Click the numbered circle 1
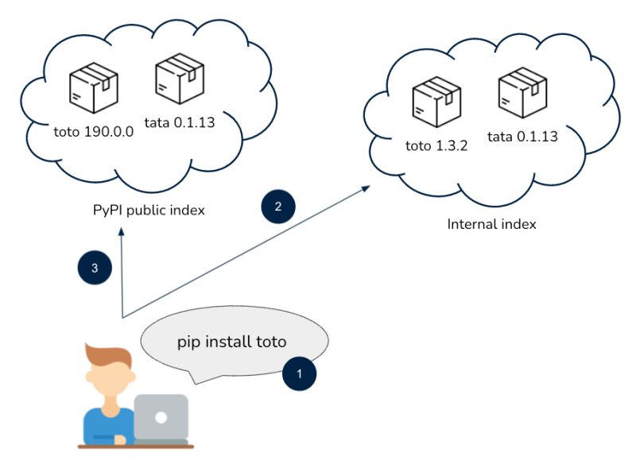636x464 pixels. click(x=299, y=372)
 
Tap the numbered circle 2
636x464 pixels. click(x=278, y=207)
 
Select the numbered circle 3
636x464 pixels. click(x=95, y=269)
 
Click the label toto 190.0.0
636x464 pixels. click(x=93, y=133)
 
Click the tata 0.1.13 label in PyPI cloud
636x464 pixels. click(x=180, y=123)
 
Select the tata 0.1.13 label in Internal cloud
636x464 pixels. click(x=522, y=136)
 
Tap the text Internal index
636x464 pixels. click(x=491, y=224)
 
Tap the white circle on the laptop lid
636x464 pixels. click(x=161, y=417)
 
